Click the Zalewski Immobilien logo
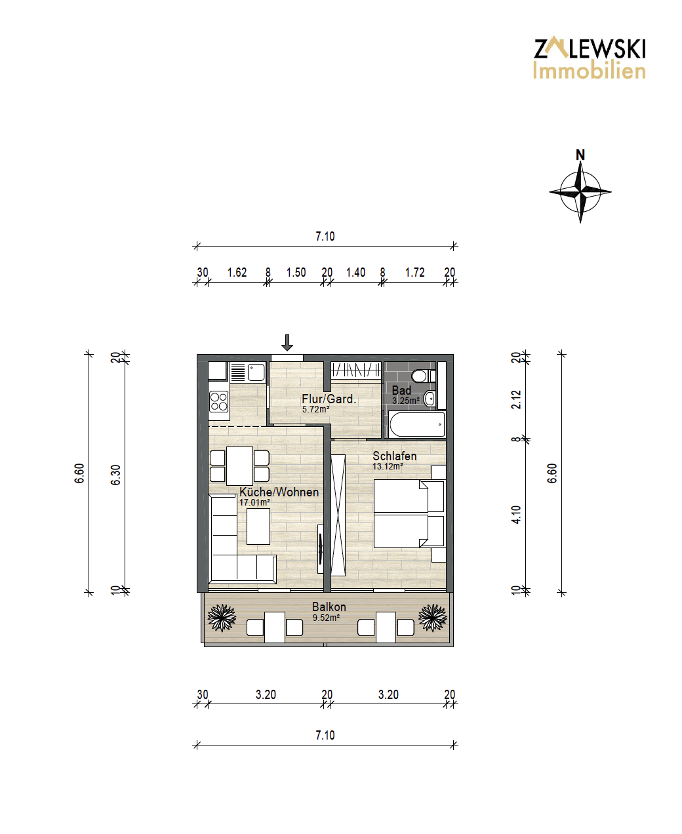click(590, 58)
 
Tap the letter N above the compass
click(580, 155)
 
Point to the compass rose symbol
click(580, 192)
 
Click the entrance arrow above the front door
click(287, 342)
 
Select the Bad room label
click(401, 390)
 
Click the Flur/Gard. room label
click(329, 399)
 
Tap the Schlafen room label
click(394, 456)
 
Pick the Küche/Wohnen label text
click(279, 492)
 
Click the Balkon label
click(329, 606)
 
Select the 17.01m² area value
click(254, 502)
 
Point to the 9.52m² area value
click(326, 617)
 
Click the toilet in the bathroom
click(423, 375)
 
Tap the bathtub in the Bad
click(417, 424)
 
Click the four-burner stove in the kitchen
click(219, 401)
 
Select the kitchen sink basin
click(256, 372)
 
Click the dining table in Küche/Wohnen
click(239, 466)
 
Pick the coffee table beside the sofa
click(258, 526)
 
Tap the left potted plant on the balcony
click(222, 617)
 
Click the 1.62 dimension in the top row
click(237, 273)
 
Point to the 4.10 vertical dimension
click(516, 515)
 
